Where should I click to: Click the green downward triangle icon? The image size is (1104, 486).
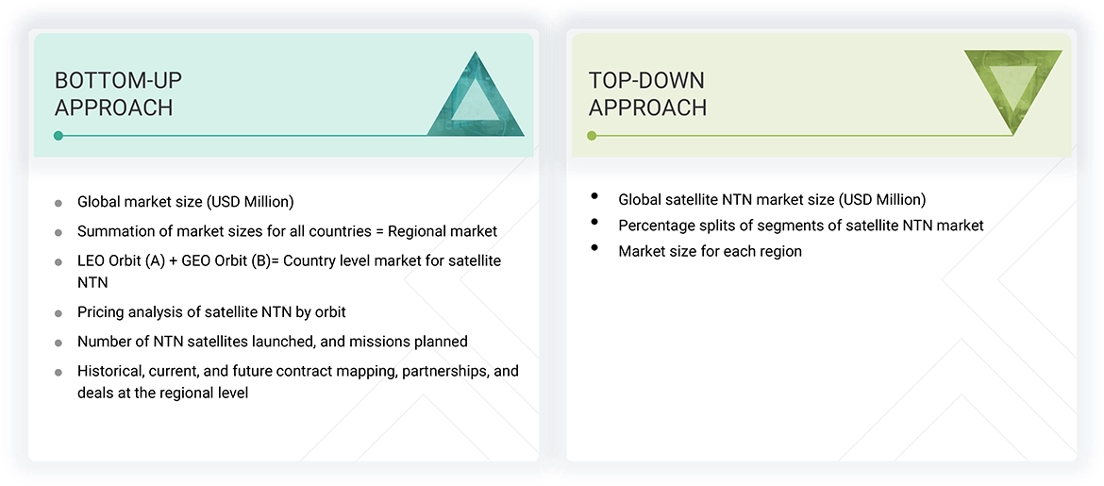[1012, 87]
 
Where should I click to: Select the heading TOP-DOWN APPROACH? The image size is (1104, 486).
[647, 93]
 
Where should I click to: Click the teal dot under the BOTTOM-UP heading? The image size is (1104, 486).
[59, 136]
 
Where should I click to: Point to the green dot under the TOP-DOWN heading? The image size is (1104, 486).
[592, 136]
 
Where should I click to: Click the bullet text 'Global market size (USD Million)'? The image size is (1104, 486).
[185, 202]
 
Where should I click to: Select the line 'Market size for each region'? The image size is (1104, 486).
[710, 251]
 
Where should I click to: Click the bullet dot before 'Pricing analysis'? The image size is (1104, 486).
[59, 313]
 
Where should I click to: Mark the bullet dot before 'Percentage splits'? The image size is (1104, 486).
[594, 223]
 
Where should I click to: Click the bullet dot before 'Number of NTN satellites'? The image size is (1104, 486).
[59, 343]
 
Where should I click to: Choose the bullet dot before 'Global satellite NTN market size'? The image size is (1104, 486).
[594, 196]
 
